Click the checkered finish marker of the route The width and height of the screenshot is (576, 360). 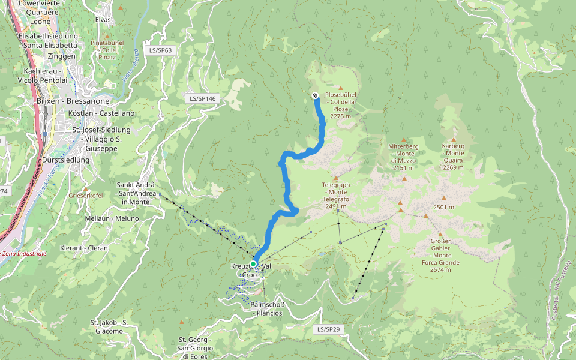[x=315, y=95]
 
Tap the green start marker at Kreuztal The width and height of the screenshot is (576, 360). [x=253, y=263]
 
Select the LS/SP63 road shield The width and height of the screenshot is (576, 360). [x=161, y=50]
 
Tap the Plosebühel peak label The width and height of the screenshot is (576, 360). [x=340, y=106]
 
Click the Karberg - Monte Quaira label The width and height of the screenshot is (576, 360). [x=454, y=157]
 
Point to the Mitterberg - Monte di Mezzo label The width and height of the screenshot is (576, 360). [x=403, y=157]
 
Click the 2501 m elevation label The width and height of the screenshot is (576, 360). [x=443, y=207]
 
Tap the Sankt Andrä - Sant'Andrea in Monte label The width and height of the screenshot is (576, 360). [x=136, y=193]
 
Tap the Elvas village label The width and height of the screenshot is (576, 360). [x=103, y=20]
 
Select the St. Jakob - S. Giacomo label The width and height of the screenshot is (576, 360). [x=109, y=326]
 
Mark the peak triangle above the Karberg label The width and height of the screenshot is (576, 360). [x=454, y=139]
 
